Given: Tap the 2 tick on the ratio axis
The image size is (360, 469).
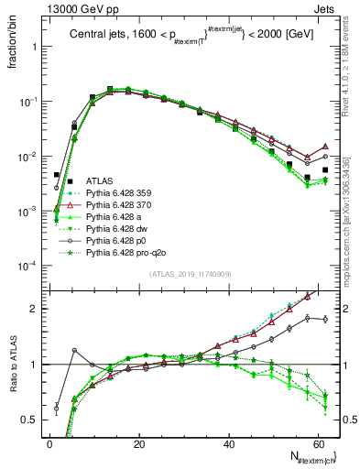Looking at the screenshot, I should pos(37,309).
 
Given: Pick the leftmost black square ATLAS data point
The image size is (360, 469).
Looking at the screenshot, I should pos(56,174).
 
